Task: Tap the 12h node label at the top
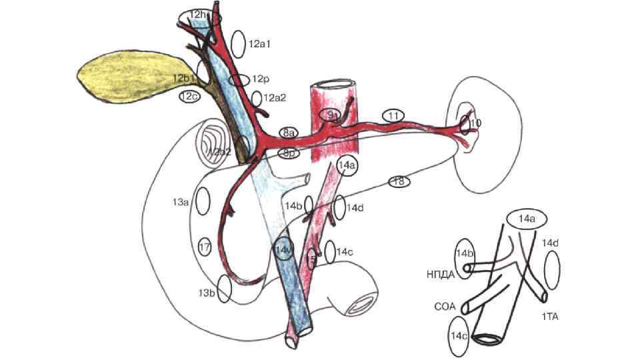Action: point(198,15)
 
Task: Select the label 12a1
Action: point(259,44)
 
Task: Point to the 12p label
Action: point(259,79)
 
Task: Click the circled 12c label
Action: point(189,97)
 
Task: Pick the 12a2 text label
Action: point(275,98)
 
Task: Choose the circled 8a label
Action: point(289,133)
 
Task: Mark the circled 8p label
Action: point(289,153)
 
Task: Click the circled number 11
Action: point(394,116)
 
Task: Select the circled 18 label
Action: point(399,181)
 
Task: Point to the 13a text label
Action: point(181,201)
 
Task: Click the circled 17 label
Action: point(205,247)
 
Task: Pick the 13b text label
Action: point(206,293)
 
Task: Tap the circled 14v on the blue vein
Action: point(283,249)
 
